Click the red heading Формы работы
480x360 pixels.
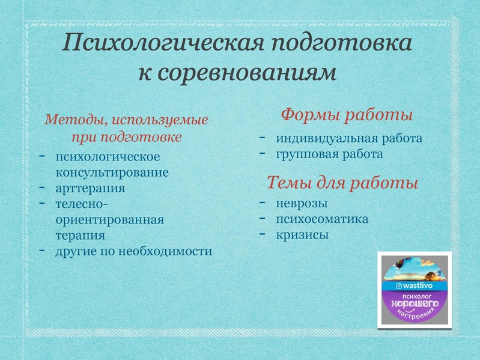347,114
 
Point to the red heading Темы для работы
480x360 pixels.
342,182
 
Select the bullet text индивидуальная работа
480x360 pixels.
349,139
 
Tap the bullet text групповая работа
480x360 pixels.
329,154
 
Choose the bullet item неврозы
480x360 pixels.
302,203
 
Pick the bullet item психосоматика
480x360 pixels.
322,219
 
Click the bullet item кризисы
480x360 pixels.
302,235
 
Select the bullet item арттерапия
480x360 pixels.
90,188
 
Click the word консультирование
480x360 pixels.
112,172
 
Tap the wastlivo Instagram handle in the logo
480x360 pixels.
416,285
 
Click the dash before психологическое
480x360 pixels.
43,156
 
